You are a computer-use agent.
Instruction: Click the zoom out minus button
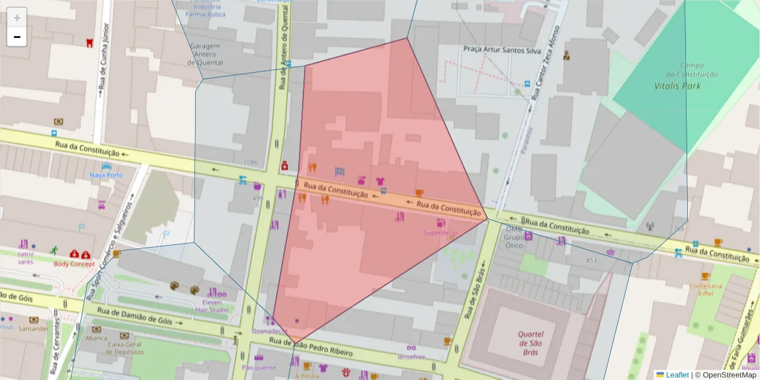(x=17, y=37)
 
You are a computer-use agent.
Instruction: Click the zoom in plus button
(x=17, y=17)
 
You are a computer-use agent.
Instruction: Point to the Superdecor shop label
(x=440, y=232)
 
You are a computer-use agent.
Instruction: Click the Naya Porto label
(x=106, y=175)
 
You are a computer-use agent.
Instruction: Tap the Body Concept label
(x=74, y=263)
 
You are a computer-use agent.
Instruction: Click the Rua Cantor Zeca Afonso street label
(x=545, y=63)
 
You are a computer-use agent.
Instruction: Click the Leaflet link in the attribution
(x=676, y=375)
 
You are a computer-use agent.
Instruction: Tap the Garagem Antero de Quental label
(x=204, y=54)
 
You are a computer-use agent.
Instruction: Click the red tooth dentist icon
(x=89, y=42)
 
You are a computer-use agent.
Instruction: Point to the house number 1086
(x=250, y=163)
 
